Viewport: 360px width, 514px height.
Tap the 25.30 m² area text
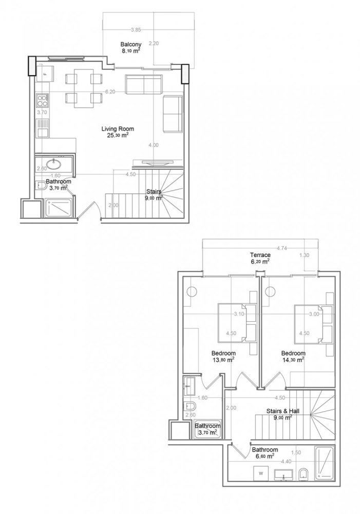[x=118, y=136]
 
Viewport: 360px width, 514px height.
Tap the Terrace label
[x=260, y=254]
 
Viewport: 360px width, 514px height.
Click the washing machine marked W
[x=262, y=471]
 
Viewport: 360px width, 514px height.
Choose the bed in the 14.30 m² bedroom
[x=308, y=322]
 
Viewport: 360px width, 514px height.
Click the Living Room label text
[x=118, y=129]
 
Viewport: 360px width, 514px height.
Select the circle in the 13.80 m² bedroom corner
[x=193, y=291]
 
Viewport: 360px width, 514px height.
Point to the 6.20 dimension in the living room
[x=109, y=91]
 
